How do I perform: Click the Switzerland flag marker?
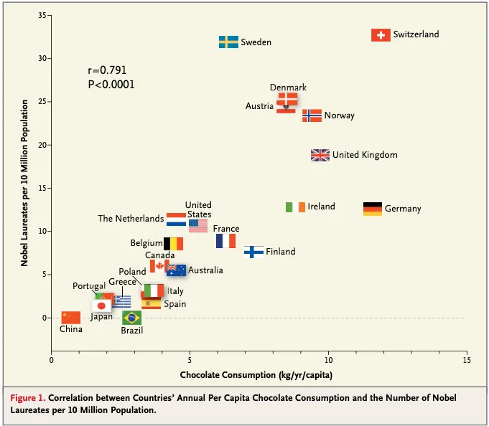click(381, 35)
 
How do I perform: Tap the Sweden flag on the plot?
click(228, 42)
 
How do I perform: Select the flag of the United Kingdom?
click(320, 155)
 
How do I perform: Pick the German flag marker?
click(373, 209)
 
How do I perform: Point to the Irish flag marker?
click(295, 207)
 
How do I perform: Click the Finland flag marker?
click(253, 252)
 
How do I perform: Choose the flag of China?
click(71, 317)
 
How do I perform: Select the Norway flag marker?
click(312, 115)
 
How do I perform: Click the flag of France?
click(225, 241)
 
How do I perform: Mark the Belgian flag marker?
click(173, 244)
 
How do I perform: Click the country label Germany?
click(403, 209)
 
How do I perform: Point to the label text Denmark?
click(288, 87)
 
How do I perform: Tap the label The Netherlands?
click(131, 219)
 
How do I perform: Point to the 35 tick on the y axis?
click(44, 16)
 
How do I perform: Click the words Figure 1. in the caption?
click(30, 397)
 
